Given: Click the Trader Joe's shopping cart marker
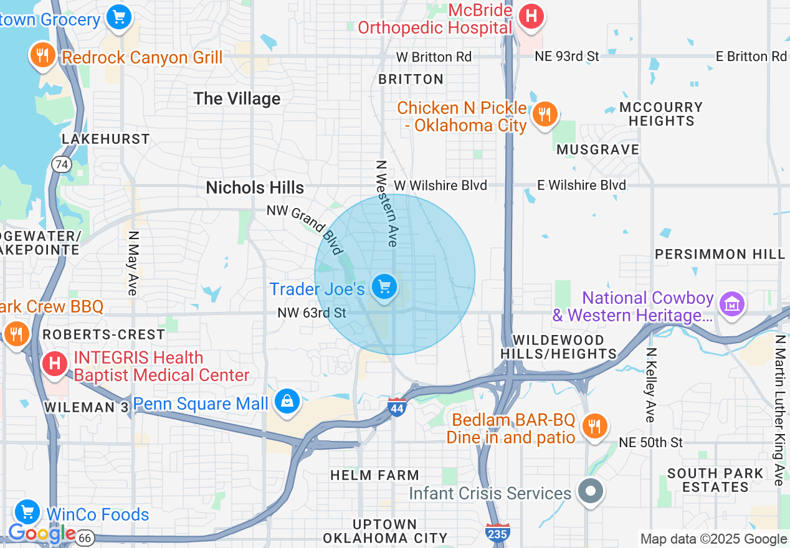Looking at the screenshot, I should point(384,287).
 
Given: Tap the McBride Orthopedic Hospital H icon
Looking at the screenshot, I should point(531,15).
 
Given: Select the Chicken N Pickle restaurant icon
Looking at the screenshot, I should point(545,113).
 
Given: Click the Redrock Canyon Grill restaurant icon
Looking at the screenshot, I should point(42,55).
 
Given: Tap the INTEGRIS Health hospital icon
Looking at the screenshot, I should point(54,363).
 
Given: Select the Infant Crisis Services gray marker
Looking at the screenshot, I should point(591,491).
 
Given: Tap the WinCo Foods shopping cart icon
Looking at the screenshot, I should point(27,513).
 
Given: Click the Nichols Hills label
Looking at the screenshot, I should point(255,187).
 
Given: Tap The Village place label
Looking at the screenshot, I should point(237,98).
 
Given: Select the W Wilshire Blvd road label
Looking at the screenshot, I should point(440,185).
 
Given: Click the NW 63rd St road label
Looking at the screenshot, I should point(312,312).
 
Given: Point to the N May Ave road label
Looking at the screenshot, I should point(132,263).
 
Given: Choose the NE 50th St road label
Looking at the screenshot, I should point(650,442).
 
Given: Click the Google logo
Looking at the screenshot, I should point(42,533).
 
